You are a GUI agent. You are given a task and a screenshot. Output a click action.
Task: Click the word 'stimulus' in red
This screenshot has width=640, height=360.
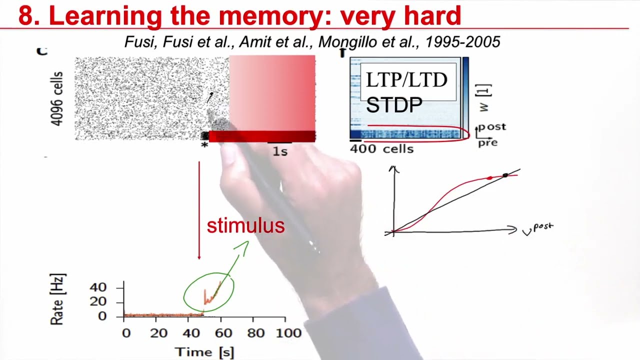(x=245, y=226)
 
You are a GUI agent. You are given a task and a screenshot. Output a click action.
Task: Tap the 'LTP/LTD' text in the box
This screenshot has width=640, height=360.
(x=406, y=80)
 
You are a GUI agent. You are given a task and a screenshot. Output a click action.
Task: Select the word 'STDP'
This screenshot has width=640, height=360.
(x=394, y=105)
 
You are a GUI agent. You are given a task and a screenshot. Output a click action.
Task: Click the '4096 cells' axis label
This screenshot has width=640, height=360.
(x=57, y=98)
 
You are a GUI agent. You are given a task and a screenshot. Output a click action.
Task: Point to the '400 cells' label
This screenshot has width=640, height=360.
(x=381, y=149)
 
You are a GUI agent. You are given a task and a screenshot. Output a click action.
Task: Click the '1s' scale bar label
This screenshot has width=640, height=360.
(x=280, y=151)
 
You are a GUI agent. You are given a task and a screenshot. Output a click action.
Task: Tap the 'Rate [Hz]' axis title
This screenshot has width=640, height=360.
(x=58, y=299)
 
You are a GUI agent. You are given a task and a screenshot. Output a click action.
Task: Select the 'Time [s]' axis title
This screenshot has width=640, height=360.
(x=204, y=352)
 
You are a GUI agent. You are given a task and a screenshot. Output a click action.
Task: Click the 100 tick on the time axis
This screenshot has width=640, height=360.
(x=288, y=333)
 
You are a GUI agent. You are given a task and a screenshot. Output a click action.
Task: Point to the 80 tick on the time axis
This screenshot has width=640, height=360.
(x=255, y=333)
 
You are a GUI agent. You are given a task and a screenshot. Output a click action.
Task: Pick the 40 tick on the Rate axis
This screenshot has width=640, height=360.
(x=98, y=287)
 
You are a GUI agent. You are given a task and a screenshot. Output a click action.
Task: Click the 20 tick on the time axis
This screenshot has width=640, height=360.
(x=158, y=333)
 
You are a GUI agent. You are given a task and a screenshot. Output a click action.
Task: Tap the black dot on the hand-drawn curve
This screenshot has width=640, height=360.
(x=505, y=175)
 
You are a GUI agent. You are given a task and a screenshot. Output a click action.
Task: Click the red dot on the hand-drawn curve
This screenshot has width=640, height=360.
(x=489, y=178)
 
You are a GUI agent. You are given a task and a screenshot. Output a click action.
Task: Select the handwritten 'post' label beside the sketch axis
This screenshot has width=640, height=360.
(x=543, y=227)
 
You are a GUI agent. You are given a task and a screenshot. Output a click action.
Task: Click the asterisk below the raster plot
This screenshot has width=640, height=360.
(x=204, y=145)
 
